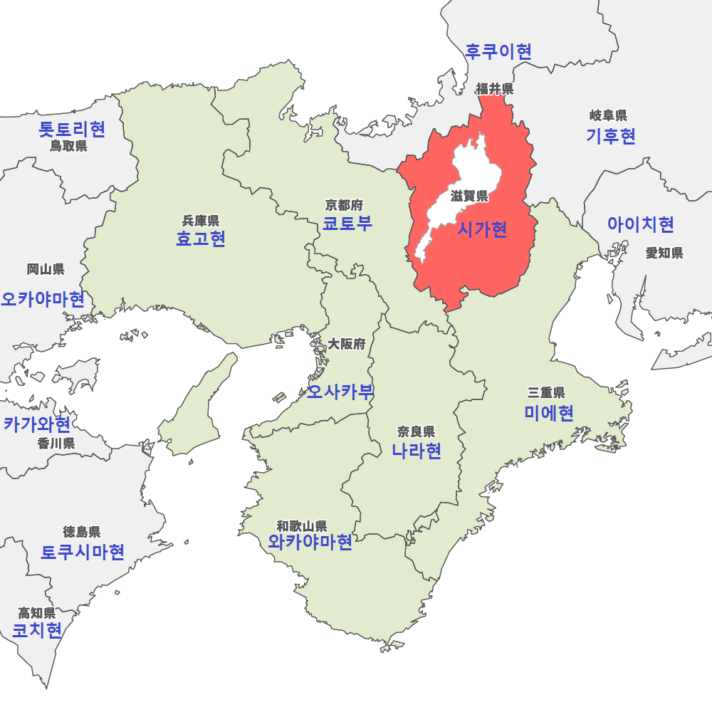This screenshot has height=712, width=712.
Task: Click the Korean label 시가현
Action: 482,229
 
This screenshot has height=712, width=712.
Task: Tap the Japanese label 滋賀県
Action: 469,197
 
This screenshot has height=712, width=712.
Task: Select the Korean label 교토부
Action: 347,224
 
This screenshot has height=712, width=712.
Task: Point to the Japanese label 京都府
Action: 344,206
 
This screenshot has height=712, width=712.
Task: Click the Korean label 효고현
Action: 201,239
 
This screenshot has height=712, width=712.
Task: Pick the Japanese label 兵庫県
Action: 201,221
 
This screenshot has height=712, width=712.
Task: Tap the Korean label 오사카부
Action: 340,391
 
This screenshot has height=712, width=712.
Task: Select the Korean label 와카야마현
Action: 310,543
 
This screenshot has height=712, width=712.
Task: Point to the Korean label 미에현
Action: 548,413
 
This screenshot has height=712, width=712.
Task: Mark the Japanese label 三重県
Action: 546,392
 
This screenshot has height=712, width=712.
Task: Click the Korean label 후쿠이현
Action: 498,51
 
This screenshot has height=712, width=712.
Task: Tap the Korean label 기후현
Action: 610,136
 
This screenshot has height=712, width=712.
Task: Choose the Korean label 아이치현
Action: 640,225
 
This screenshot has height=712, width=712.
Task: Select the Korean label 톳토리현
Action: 72,129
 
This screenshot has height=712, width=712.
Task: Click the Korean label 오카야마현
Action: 43,298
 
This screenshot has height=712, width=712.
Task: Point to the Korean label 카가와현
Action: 37,425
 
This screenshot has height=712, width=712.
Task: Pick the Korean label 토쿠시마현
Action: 83,552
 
